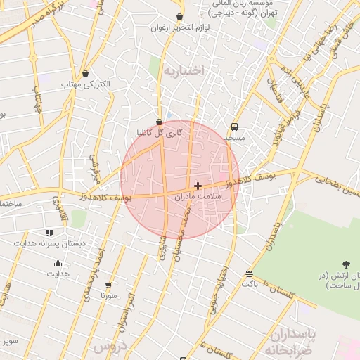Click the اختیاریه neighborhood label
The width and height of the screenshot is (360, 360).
pyautogui.click(x=184, y=70)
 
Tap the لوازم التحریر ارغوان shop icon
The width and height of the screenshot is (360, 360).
pyautogui.click(x=179, y=16)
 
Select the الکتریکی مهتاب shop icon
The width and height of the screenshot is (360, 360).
pyautogui.click(x=86, y=73)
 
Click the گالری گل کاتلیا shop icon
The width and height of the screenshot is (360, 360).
pyautogui.click(x=160, y=122)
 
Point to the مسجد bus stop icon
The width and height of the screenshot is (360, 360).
pyautogui.click(x=234, y=127)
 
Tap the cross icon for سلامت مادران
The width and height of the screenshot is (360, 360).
pyautogui.click(x=198, y=186)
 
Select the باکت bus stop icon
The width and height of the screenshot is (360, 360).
pyautogui.click(x=249, y=274)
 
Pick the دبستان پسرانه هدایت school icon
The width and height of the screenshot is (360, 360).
pyautogui.click(x=49, y=232)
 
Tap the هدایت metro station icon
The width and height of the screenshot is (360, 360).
pyautogui.click(x=58, y=264)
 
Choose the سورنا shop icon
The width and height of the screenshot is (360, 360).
pyautogui.click(x=108, y=285)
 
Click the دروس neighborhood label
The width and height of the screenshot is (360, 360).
pyautogui.click(x=107, y=347)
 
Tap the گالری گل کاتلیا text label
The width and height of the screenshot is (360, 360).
pyautogui.click(x=160, y=133)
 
